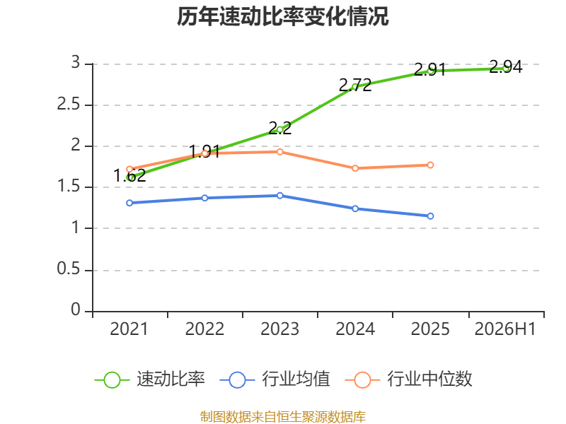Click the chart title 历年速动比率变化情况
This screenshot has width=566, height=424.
click(x=282, y=16)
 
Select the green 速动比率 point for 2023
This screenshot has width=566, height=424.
click(x=279, y=129)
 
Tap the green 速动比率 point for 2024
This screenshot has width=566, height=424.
click(x=355, y=87)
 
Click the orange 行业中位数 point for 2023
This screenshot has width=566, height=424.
click(x=279, y=152)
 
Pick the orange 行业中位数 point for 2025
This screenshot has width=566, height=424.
click(x=430, y=165)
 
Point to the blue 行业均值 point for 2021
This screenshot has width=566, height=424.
click(x=129, y=203)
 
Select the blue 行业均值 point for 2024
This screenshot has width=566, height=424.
click(x=355, y=208)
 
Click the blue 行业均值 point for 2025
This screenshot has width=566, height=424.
click(x=430, y=216)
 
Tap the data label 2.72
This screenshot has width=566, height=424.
click(x=355, y=85)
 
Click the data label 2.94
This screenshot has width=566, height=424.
click(x=506, y=67)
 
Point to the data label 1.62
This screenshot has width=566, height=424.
click(x=129, y=175)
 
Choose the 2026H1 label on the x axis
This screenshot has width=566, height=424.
click(x=505, y=329)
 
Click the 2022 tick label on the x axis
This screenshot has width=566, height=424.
click(x=204, y=329)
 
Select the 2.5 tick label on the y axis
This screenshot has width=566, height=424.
click(x=69, y=105)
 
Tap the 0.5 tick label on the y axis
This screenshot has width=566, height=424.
click(x=69, y=269)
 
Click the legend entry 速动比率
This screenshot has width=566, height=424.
click(x=150, y=379)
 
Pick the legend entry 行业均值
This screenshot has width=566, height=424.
click(x=275, y=379)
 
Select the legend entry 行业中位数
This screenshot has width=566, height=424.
click(x=409, y=379)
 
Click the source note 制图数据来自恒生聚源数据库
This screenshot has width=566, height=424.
click(x=282, y=417)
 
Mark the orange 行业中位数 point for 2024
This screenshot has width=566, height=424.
click(x=355, y=168)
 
